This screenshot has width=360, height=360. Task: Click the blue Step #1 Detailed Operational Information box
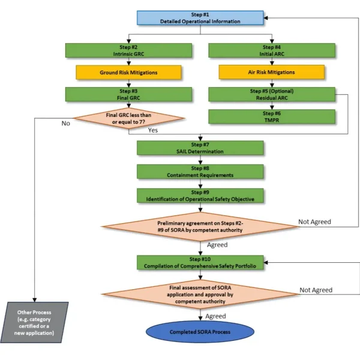pos(200,17)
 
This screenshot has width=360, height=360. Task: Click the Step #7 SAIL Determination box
pos(200,148)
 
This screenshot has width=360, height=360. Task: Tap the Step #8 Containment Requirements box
pos(200,171)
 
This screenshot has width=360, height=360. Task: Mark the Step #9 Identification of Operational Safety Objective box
pos(200,194)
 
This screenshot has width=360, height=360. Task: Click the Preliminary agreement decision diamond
pos(200,226)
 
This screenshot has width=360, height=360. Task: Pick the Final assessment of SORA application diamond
pos(200,293)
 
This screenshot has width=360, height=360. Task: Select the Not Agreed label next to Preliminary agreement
pos(314,221)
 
